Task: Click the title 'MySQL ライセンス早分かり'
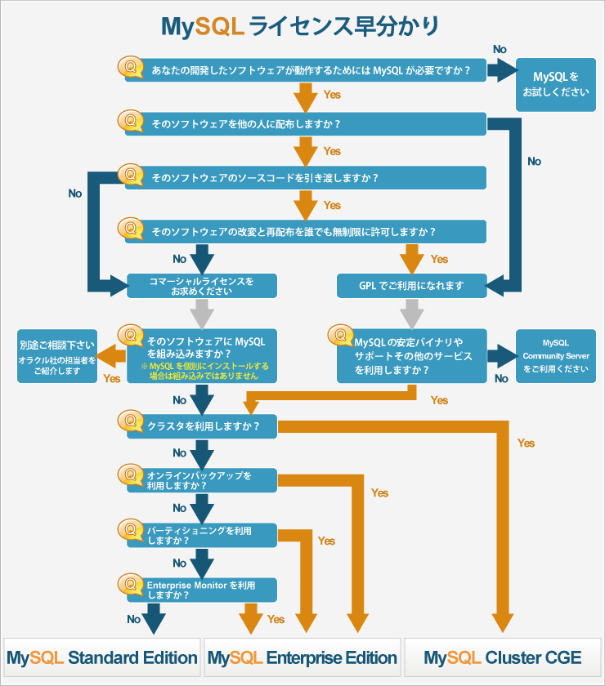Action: click(301, 26)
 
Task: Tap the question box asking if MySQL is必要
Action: click(311, 70)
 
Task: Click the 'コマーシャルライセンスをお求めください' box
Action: click(202, 286)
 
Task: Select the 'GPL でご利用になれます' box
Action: click(412, 286)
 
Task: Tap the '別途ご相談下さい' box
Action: click(57, 356)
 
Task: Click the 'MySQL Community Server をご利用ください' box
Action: click(556, 356)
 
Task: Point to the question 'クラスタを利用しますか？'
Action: click(203, 426)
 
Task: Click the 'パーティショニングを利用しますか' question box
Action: click(203, 535)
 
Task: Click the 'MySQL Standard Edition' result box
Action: click(102, 657)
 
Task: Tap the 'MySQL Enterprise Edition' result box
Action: click(302, 657)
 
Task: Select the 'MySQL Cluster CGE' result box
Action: click(503, 657)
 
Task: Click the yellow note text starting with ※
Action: click(204, 372)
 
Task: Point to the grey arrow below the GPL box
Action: click(412, 313)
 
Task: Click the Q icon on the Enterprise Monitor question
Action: click(130, 584)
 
